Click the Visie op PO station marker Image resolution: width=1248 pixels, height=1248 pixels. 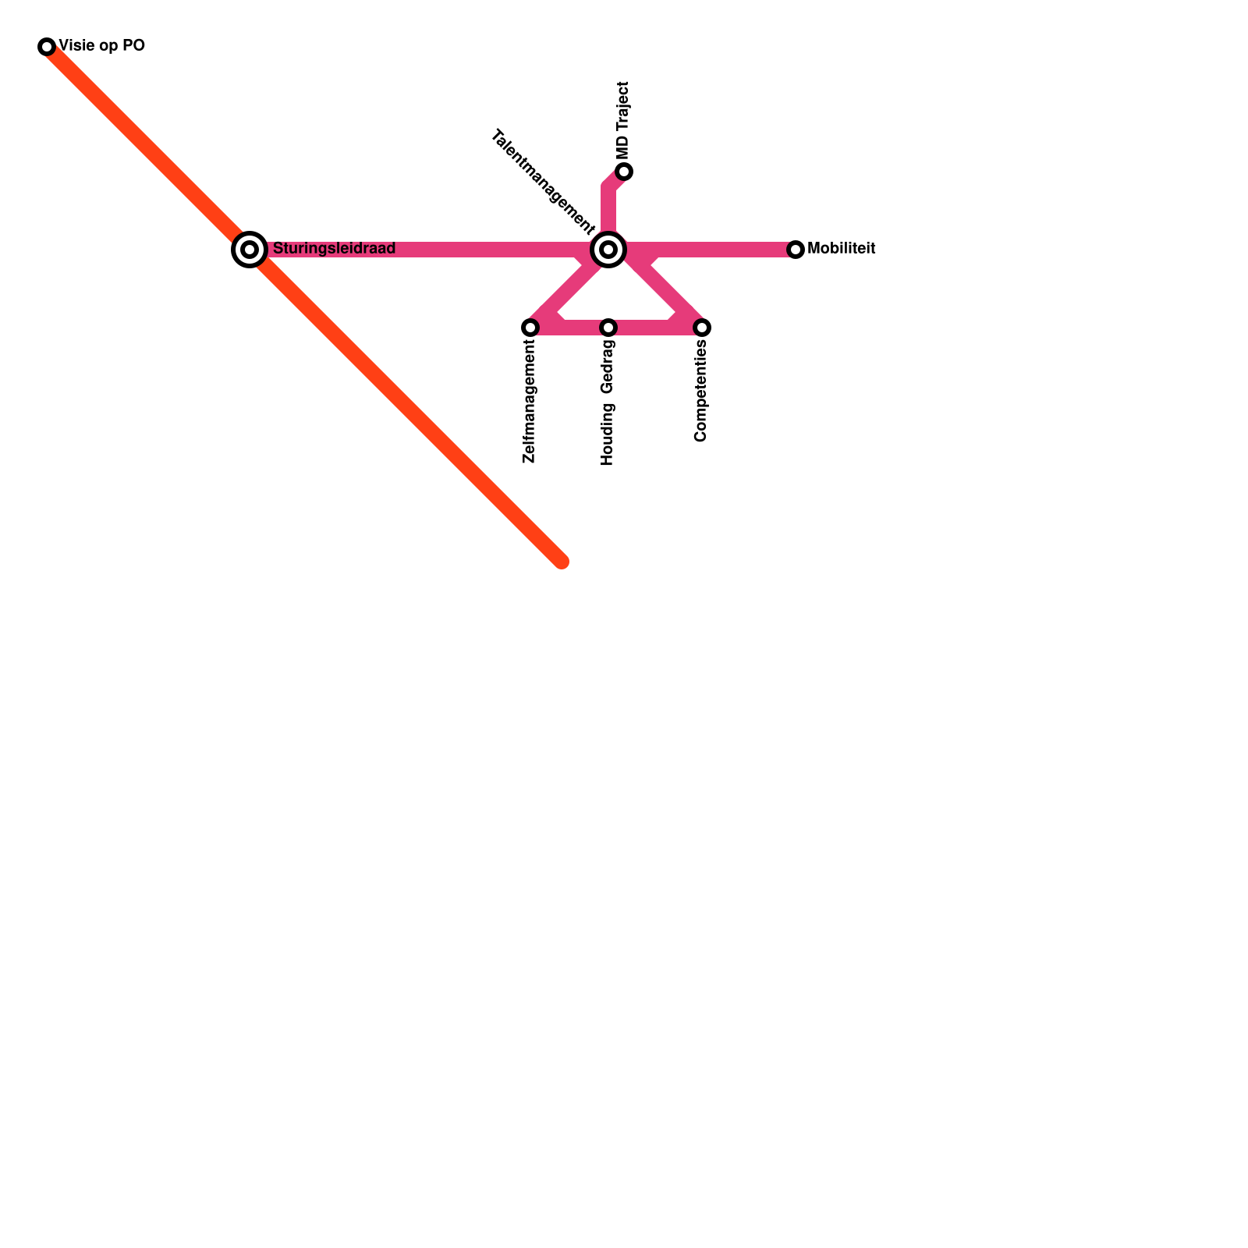[x=47, y=47]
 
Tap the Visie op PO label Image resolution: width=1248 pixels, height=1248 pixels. [x=101, y=46]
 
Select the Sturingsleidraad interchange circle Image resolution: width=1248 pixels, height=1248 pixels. [x=250, y=250]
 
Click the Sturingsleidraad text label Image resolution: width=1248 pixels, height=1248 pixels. [x=334, y=249]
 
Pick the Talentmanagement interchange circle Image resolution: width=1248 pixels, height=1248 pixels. [x=608, y=250]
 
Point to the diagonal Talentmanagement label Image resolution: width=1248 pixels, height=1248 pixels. [x=542, y=183]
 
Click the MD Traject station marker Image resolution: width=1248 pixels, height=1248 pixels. [x=624, y=172]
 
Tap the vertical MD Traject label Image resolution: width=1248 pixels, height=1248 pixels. [x=622, y=121]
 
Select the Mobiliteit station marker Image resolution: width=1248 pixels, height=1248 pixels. [x=796, y=250]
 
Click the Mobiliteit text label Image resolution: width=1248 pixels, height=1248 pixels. [x=841, y=249]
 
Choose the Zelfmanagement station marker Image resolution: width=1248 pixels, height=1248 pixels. [x=530, y=328]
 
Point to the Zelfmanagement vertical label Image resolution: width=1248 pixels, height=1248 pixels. [x=530, y=402]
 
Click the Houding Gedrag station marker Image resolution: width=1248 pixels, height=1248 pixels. [x=608, y=328]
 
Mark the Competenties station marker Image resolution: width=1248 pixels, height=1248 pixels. [x=702, y=328]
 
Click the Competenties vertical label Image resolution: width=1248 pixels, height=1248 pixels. [x=700, y=392]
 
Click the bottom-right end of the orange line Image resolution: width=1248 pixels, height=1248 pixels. [x=561, y=561]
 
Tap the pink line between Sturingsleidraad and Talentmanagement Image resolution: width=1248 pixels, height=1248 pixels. [x=484, y=250]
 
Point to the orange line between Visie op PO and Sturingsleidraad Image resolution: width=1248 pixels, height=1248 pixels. [x=148, y=148]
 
